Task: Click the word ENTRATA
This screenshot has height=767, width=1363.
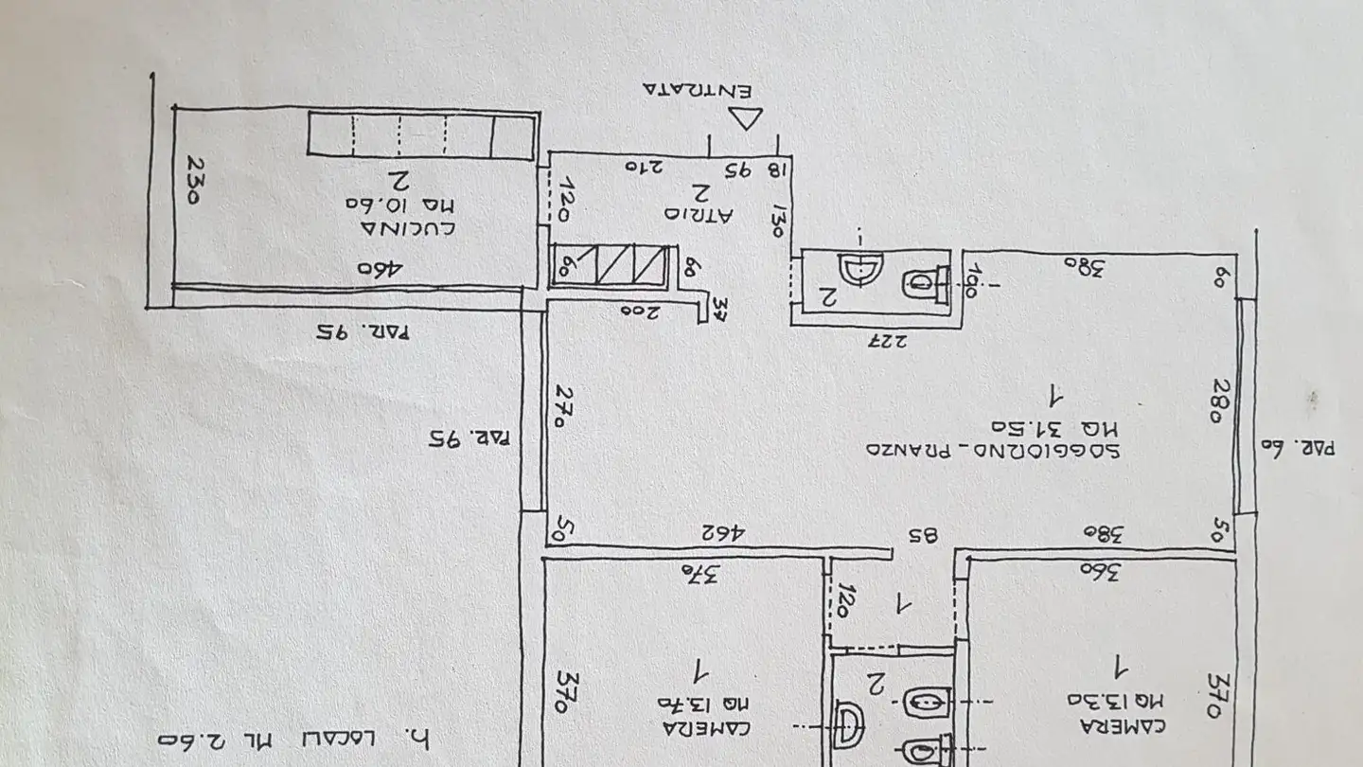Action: pyautogui.click(x=698, y=90)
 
